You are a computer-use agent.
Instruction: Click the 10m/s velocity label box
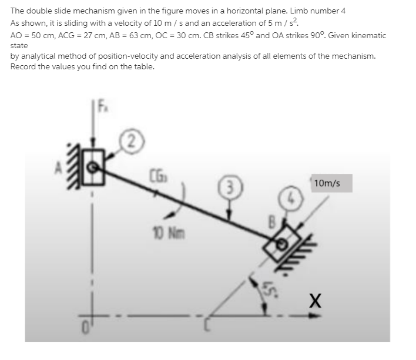331,183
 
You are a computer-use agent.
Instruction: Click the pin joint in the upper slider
92,167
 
